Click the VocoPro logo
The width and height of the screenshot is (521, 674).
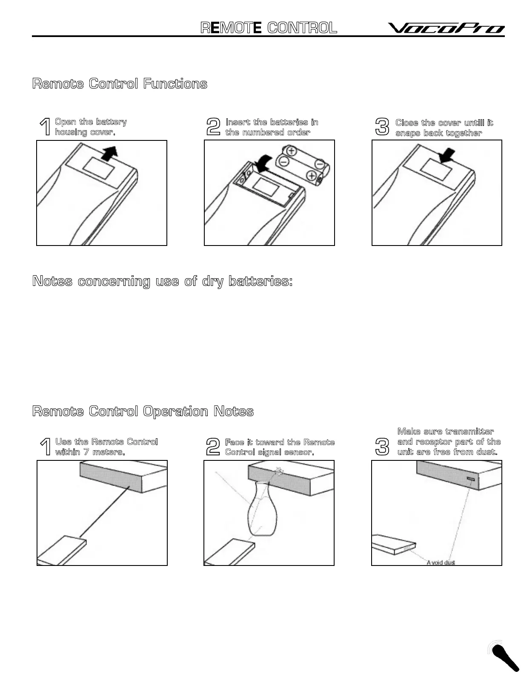click(446, 28)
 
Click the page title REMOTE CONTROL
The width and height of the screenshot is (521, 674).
click(269, 28)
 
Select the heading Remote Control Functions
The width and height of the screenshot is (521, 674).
click(120, 83)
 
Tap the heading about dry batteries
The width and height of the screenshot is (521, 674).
click(162, 281)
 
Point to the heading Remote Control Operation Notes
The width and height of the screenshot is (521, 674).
click(143, 411)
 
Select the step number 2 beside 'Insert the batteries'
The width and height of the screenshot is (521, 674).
click(213, 127)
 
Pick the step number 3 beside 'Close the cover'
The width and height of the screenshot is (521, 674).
click(382, 127)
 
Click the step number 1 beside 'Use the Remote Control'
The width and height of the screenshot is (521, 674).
click(45, 447)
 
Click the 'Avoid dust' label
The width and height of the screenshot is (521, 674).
click(441, 563)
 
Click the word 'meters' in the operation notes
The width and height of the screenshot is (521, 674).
click(109, 452)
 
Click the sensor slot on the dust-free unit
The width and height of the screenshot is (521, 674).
click(470, 480)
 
